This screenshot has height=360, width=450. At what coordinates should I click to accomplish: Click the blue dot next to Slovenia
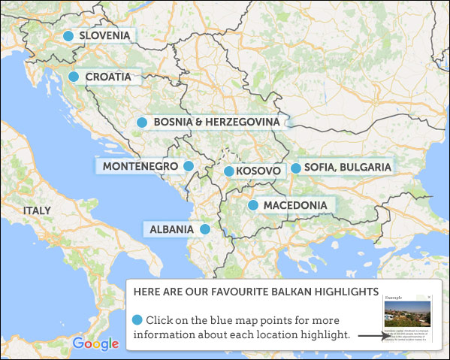[x=68, y=36]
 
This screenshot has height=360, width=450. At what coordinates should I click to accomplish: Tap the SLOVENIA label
[x=104, y=36]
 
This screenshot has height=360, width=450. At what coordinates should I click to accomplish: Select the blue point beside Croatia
[x=74, y=77]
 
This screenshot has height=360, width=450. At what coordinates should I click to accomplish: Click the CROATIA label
[x=108, y=77]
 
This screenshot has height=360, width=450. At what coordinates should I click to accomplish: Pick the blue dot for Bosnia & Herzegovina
[x=141, y=122]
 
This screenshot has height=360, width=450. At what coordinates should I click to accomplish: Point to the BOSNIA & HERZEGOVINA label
[x=216, y=122]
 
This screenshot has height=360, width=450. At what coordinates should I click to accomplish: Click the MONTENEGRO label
[x=140, y=166]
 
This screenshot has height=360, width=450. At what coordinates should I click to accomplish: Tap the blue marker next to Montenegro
[x=189, y=166]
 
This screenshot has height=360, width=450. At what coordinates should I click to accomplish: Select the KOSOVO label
[x=258, y=171]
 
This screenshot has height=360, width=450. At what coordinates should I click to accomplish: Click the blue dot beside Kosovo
[x=229, y=171]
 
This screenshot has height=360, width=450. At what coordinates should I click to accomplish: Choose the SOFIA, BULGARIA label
[x=348, y=168]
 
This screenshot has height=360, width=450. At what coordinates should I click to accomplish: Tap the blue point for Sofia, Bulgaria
[x=296, y=168]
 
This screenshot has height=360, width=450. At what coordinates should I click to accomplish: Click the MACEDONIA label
[x=294, y=205]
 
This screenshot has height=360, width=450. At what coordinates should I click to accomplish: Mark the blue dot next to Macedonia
[x=253, y=204]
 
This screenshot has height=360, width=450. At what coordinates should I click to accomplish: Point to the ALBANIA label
[x=171, y=229]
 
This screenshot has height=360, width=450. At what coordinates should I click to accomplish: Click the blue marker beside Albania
[x=205, y=229]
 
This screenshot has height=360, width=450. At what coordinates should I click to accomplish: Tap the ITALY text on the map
[x=38, y=211]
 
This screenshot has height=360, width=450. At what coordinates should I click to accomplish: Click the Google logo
[x=95, y=343]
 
